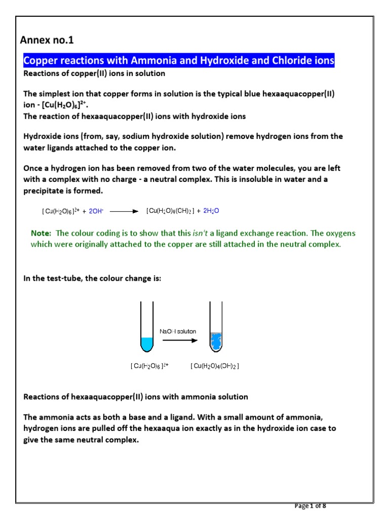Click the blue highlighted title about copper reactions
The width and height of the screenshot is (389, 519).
[179, 61]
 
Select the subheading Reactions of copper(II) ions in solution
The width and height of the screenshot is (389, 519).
[94, 73]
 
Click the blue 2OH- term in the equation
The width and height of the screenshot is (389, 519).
[96, 211]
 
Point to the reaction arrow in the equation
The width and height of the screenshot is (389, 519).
[124, 211]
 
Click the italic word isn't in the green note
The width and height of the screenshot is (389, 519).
[202, 233]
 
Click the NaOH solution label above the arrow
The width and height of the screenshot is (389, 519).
[178, 331]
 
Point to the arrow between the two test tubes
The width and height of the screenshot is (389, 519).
[180, 340]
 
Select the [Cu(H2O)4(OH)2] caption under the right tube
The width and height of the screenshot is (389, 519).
[215, 366]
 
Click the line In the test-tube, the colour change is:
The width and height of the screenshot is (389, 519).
[92, 278]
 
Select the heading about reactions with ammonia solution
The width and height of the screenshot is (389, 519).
[136, 396]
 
